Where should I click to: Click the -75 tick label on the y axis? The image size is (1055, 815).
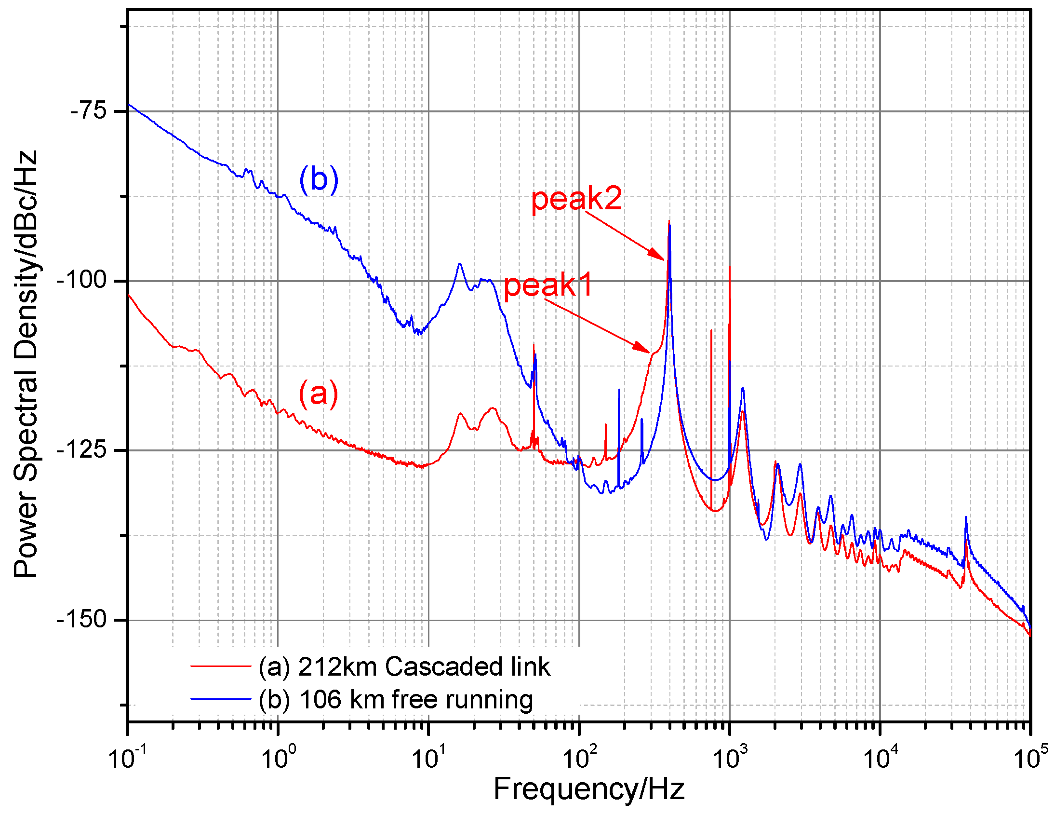(x=88, y=111)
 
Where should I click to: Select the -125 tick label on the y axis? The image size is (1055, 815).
(x=81, y=449)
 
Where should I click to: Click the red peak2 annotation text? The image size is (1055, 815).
(x=576, y=198)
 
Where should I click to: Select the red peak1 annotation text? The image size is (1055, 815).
(x=548, y=285)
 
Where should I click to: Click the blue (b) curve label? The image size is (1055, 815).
(x=319, y=179)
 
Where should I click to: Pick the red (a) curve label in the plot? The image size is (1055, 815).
(x=319, y=394)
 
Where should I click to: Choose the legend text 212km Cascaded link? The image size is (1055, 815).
(x=404, y=666)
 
